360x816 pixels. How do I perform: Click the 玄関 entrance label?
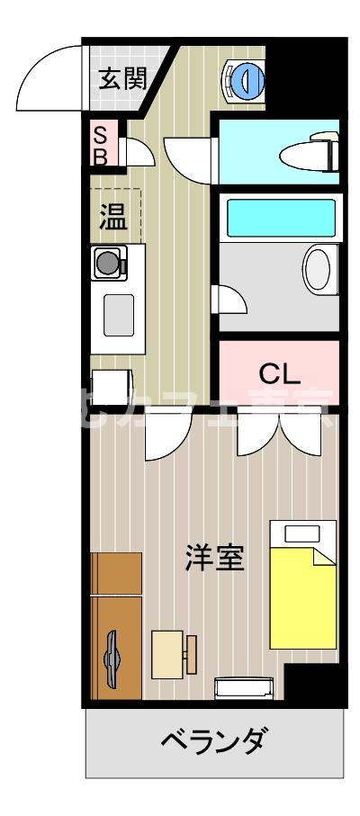click(x=121, y=79)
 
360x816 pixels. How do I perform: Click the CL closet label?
click(x=280, y=372)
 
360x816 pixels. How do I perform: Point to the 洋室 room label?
click(x=215, y=558)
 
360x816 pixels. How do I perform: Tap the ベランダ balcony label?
click(x=214, y=742)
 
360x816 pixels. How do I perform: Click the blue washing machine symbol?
click(x=244, y=81)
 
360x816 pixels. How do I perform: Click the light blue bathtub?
click(x=280, y=217)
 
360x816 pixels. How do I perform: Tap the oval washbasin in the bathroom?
click(x=317, y=268)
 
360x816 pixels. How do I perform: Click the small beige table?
click(x=168, y=654)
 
